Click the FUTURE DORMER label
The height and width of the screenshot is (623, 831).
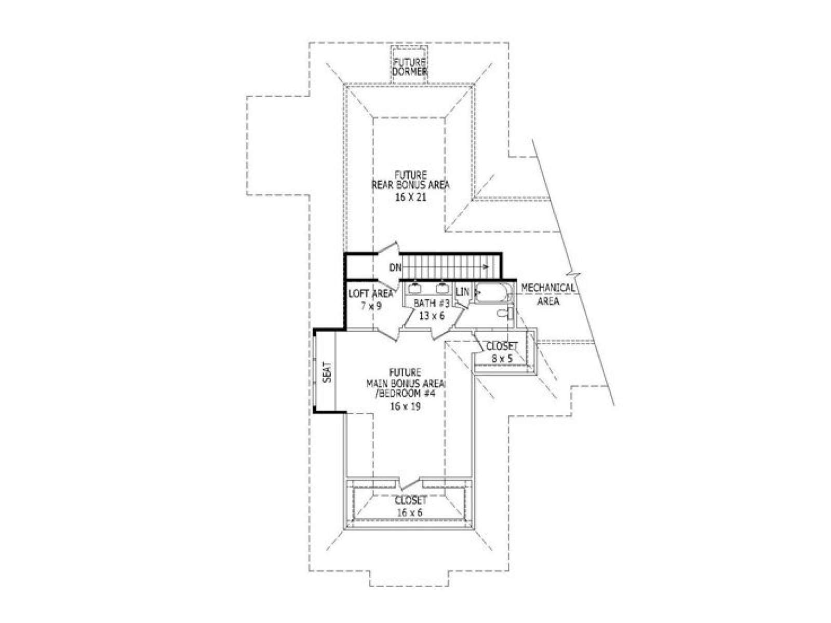coord(410,66)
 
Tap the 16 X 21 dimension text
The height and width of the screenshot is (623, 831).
coord(411,197)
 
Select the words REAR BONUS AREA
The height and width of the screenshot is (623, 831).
coord(411,185)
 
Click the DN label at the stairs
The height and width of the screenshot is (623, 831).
coord(395,267)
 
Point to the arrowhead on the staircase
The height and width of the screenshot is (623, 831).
coord(486,267)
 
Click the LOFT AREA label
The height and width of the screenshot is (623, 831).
coord(371,293)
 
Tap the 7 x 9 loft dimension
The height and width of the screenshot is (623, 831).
coord(371,306)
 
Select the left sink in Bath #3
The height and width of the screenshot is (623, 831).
coord(415,288)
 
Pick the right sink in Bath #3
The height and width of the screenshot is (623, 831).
coord(442,288)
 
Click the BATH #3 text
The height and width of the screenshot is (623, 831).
coord(432,303)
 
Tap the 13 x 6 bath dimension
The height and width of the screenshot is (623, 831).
coord(432,315)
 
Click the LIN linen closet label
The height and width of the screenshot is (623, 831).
coord(462,292)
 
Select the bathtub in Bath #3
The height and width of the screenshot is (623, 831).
coord(491,292)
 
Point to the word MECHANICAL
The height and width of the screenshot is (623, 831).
coord(547,288)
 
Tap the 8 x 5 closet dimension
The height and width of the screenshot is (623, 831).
coord(502,358)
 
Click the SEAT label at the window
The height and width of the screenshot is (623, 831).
coord(328,372)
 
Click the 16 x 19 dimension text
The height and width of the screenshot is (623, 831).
coord(406,406)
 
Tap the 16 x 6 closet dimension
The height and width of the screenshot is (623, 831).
coord(410,512)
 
